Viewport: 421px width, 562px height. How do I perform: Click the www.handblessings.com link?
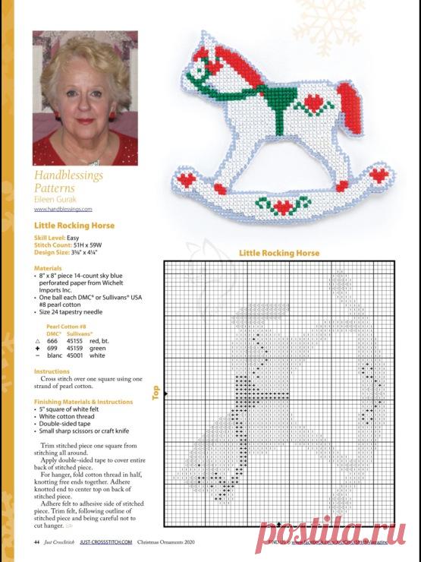63,208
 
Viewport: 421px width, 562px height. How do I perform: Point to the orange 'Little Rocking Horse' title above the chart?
279,253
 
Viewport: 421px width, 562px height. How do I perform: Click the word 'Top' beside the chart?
156,392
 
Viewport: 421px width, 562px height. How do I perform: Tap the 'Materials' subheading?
48,268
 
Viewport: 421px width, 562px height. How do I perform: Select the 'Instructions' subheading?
52,371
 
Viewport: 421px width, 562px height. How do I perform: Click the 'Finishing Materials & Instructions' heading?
83,401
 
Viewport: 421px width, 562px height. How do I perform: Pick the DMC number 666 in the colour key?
52,341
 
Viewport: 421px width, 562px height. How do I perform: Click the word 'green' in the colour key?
96,348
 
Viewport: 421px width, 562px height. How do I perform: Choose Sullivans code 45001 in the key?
76,355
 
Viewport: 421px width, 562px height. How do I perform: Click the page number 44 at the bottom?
36,541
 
